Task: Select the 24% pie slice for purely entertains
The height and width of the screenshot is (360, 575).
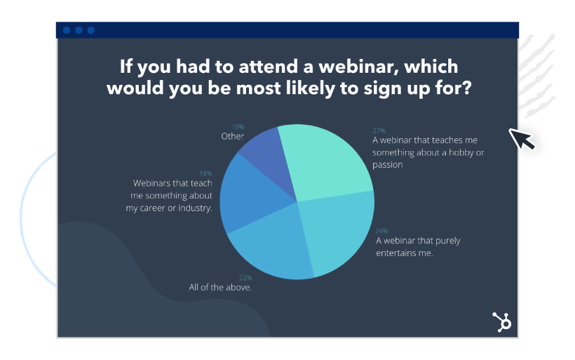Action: (x=336, y=231)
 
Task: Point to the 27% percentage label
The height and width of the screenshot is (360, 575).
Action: (x=379, y=131)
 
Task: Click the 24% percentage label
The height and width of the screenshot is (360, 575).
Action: (x=381, y=231)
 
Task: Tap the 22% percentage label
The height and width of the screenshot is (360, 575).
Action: (x=245, y=278)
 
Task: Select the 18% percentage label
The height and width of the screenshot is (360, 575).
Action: (x=205, y=173)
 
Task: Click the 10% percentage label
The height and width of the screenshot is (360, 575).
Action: (x=238, y=126)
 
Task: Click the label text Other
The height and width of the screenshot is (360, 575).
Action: (x=233, y=136)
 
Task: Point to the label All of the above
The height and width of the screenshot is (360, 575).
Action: (x=220, y=287)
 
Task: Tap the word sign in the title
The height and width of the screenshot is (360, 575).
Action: (x=382, y=89)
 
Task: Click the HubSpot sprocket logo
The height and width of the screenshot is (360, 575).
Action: (x=501, y=322)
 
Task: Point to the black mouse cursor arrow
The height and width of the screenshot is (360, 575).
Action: (x=522, y=139)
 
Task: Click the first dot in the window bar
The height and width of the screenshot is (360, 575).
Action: (x=67, y=30)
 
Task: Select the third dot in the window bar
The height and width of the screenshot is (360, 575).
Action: (x=91, y=30)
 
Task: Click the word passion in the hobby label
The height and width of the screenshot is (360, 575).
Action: (x=387, y=165)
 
